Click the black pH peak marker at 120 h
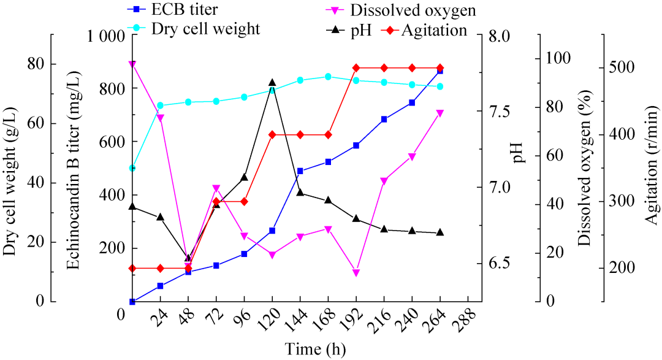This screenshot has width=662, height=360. [272, 83]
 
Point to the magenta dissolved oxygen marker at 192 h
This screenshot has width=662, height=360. [356, 273]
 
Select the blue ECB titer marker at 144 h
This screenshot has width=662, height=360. [300, 171]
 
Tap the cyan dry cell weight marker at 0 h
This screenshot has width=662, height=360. [132, 168]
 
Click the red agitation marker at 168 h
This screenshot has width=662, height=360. [328, 134]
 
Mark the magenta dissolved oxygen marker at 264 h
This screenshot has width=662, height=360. [440, 113]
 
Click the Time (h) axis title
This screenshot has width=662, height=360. [315, 349]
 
